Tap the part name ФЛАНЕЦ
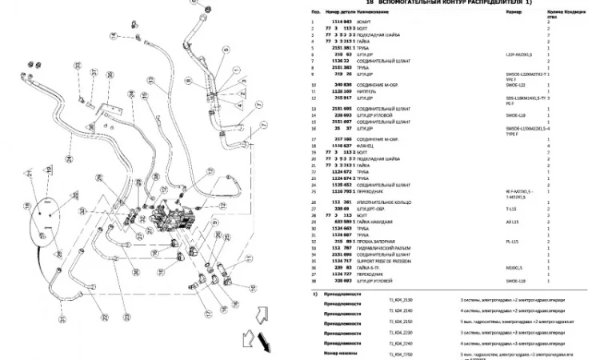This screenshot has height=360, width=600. pos(368,146)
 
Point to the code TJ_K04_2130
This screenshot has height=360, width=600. pos(390,298)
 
